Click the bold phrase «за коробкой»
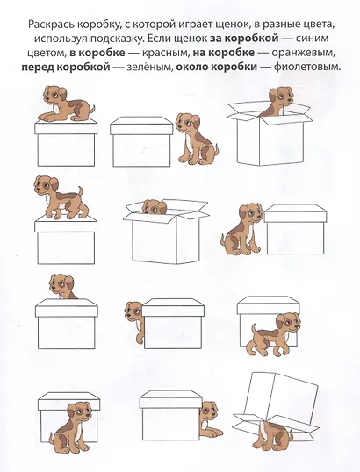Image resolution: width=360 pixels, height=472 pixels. (x=244, y=39)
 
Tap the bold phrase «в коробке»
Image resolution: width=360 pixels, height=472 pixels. (x=97, y=53)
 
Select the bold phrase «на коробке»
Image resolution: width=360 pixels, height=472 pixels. (x=223, y=53)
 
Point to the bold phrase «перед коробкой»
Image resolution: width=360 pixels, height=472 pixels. (x=66, y=67)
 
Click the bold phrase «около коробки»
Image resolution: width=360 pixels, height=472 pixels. (x=216, y=67)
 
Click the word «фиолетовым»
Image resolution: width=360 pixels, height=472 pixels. (x=307, y=67)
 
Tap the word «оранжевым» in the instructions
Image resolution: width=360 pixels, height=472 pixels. (x=303, y=53)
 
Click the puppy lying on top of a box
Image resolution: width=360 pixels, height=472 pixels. (x=66, y=104)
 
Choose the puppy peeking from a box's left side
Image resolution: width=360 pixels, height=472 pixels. (x=133, y=320)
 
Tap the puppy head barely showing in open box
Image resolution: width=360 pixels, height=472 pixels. (x=154, y=207)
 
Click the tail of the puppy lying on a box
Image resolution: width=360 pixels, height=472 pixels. (x=92, y=109)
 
